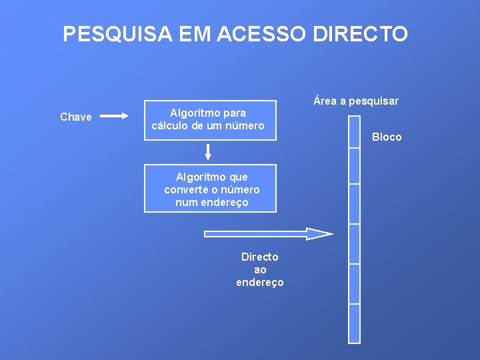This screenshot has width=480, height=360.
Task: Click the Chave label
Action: pos(76,117)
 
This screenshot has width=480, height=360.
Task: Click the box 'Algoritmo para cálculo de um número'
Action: pos(210,120)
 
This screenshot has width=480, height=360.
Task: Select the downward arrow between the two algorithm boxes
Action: pos(208,152)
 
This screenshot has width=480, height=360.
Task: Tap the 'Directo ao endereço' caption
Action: pos(260,269)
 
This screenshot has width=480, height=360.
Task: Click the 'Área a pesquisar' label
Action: pos(356,101)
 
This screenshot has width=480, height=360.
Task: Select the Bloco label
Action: pos(387,137)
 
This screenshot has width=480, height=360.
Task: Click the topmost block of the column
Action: pos(354,130)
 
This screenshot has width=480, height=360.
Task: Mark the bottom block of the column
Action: pos(354,323)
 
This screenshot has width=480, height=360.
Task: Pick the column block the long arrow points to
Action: pos(354,243)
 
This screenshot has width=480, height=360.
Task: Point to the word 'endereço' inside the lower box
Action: pos(223,202)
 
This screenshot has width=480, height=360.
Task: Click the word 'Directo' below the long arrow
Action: pos(260,257)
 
